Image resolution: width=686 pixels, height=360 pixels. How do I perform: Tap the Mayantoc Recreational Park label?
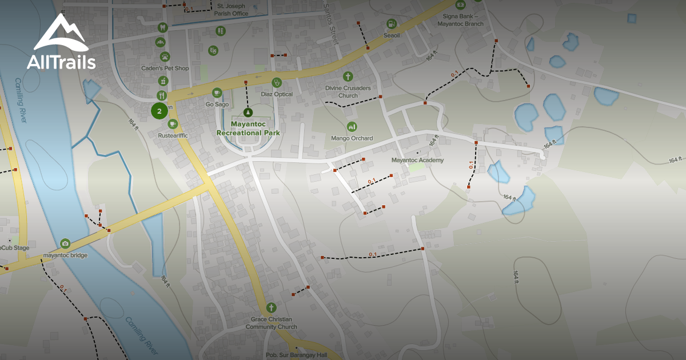(248, 128)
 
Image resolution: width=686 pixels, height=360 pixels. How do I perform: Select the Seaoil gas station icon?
(391, 24)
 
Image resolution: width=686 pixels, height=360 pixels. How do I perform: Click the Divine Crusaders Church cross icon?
(348, 77)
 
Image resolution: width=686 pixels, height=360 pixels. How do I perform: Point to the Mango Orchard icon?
(352, 126)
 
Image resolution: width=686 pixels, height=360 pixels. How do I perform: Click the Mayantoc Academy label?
(417, 161)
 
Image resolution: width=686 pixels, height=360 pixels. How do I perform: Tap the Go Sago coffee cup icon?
(217, 93)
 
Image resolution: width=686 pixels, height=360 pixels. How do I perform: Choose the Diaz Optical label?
(277, 94)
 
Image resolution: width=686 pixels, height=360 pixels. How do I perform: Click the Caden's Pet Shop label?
(165, 69)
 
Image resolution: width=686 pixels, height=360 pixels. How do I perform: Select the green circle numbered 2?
(159, 111)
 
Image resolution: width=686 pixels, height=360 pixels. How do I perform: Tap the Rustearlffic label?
(173, 135)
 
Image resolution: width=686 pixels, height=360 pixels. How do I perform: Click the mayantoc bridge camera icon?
(65, 243)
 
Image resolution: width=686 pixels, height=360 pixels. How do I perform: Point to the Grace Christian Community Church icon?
(271, 307)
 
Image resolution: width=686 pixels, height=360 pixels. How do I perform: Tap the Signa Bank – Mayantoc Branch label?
(460, 21)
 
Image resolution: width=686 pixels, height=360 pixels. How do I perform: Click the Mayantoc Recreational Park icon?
(248, 112)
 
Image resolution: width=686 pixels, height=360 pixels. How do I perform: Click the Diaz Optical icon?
(277, 82)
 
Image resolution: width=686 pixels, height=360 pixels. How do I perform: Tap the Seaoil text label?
(392, 35)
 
